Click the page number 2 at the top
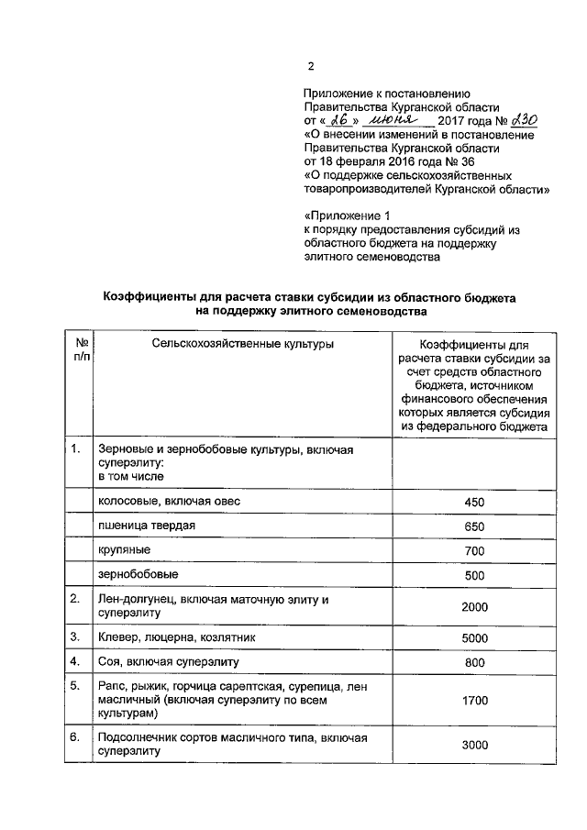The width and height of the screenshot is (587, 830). (x=310, y=67)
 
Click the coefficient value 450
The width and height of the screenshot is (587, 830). (x=474, y=503)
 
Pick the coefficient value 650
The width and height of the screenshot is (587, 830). (x=474, y=526)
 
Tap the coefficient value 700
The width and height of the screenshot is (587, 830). (x=474, y=550)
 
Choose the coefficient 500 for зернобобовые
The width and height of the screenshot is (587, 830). (x=474, y=575)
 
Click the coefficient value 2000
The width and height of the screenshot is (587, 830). (x=474, y=606)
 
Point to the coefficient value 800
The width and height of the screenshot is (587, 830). (x=474, y=661)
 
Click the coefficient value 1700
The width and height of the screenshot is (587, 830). (x=474, y=701)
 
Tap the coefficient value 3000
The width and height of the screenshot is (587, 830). (x=474, y=745)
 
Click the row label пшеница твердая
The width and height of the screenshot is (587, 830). (x=147, y=526)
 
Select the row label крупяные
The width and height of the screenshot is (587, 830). (x=126, y=549)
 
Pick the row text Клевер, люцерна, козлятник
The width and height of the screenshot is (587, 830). (x=178, y=636)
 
